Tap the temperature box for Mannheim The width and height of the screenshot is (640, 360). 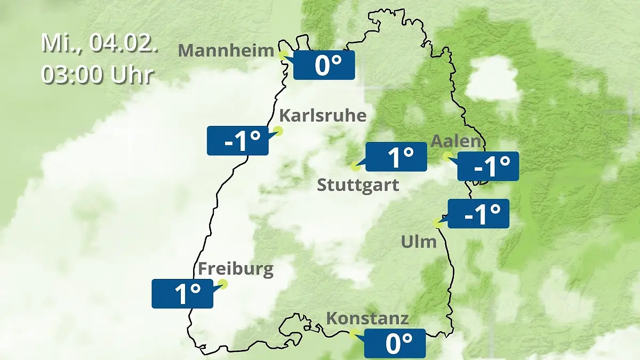pyautogui.click(x=324, y=65)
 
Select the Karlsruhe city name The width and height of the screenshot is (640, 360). pyautogui.click(x=323, y=115)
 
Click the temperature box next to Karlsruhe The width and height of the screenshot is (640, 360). pyautogui.click(x=237, y=141)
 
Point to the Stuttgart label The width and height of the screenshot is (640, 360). pyautogui.click(x=358, y=185)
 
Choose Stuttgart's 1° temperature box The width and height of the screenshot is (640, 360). pyautogui.click(x=396, y=157)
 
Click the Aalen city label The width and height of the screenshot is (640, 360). pyautogui.click(x=455, y=141)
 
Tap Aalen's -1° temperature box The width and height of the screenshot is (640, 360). pyautogui.click(x=488, y=166)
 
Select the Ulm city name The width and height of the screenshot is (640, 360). pyautogui.click(x=419, y=242)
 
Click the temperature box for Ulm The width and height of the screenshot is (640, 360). pyautogui.click(x=478, y=214)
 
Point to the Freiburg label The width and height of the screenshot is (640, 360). pyautogui.click(x=235, y=268)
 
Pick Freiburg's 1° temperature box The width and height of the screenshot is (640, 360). pyautogui.click(x=182, y=293)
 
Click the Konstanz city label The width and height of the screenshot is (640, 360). pyautogui.click(x=367, y=318)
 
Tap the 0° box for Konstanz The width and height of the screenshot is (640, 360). pyautogui.click(x=395, y=343)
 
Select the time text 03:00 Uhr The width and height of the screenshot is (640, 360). pyautogui.click(x=98, y=75)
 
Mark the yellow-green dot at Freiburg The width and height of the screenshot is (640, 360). pyautogui.click(x=223, y=284)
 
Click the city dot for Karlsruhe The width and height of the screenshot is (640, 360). pyautogui.click(x=278, y=130)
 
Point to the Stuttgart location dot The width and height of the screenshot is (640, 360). pyautogui.click(x=356, y=166)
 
